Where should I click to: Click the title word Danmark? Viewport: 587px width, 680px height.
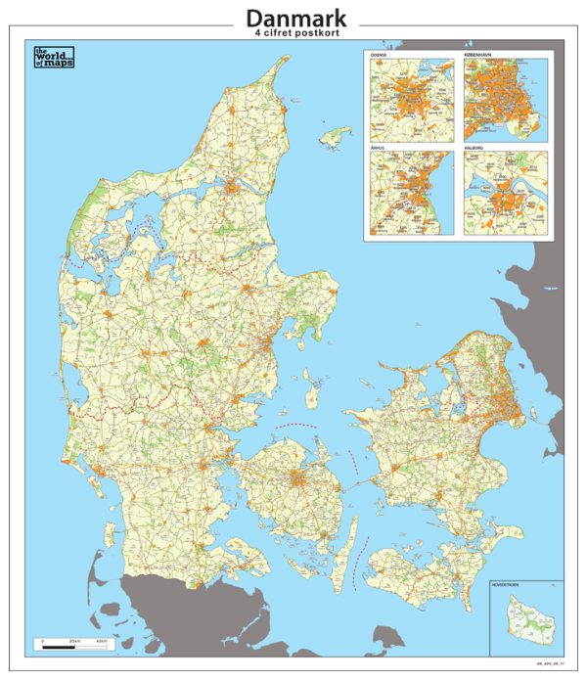coord(295,18)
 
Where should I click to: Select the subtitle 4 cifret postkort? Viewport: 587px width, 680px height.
coord(295,34)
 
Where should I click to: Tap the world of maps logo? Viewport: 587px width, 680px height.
coord(54,58)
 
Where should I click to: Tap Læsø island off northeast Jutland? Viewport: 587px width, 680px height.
coord(339,133)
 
